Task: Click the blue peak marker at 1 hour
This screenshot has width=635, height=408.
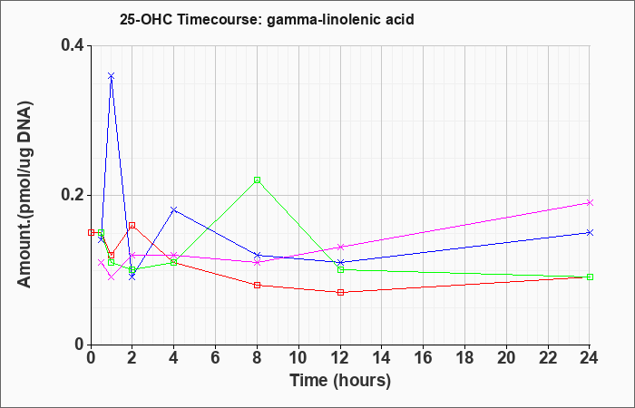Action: click(112, 76)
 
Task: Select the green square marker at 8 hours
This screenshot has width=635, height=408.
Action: click(257, 180)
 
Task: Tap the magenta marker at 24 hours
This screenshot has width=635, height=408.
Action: click(590, 203)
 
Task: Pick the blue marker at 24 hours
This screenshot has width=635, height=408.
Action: click(590, 232)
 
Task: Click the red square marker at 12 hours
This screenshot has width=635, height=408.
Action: click(340, 292)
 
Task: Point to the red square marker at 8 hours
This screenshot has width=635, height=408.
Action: click(257, 285)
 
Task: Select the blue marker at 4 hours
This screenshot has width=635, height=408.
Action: click(174, 209)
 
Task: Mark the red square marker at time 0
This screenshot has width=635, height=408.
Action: click(91, 232)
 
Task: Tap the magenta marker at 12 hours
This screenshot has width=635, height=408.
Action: click(340, 247)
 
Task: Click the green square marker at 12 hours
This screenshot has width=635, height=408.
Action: click(340, 269)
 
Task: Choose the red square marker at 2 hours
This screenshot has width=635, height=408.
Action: click(132, 226)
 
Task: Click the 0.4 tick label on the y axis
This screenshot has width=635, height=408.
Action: click(72, 45)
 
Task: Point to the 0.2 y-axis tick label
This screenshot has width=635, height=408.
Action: click(72, 195)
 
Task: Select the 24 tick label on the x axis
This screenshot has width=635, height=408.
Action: click(590, 358)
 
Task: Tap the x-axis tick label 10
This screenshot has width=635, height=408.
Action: click(298, 358)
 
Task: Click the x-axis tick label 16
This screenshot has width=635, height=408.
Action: click(424, 358)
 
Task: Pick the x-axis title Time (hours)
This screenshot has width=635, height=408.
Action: click(340, 381)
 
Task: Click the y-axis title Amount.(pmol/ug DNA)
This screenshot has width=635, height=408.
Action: click(25, 195)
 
